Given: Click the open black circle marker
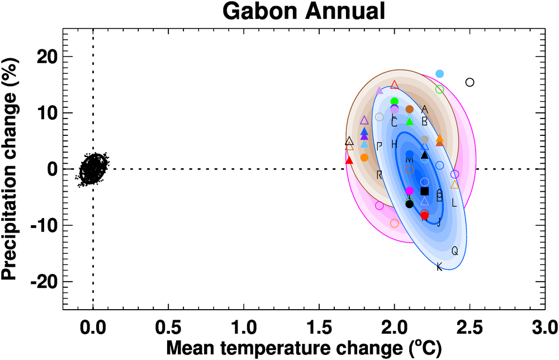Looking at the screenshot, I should tap(470, 82).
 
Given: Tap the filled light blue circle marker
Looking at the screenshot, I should tap(439, 74).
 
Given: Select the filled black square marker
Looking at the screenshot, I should tap(424, 191).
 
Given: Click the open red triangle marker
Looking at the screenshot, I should tap(395, 84).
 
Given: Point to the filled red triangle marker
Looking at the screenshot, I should tap(349, 160).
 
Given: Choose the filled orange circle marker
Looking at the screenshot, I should tap(364, 158).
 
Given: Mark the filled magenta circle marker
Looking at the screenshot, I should tap(409, 191).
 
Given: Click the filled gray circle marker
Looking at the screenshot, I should tap(424, 140).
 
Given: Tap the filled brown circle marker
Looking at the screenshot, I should tap(409, 109).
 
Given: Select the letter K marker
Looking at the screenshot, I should tap(439, 267).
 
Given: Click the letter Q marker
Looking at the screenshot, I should tap(454, 251).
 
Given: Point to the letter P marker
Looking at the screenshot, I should tap(379, 146).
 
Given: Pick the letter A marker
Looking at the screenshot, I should tap(424, 109).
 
